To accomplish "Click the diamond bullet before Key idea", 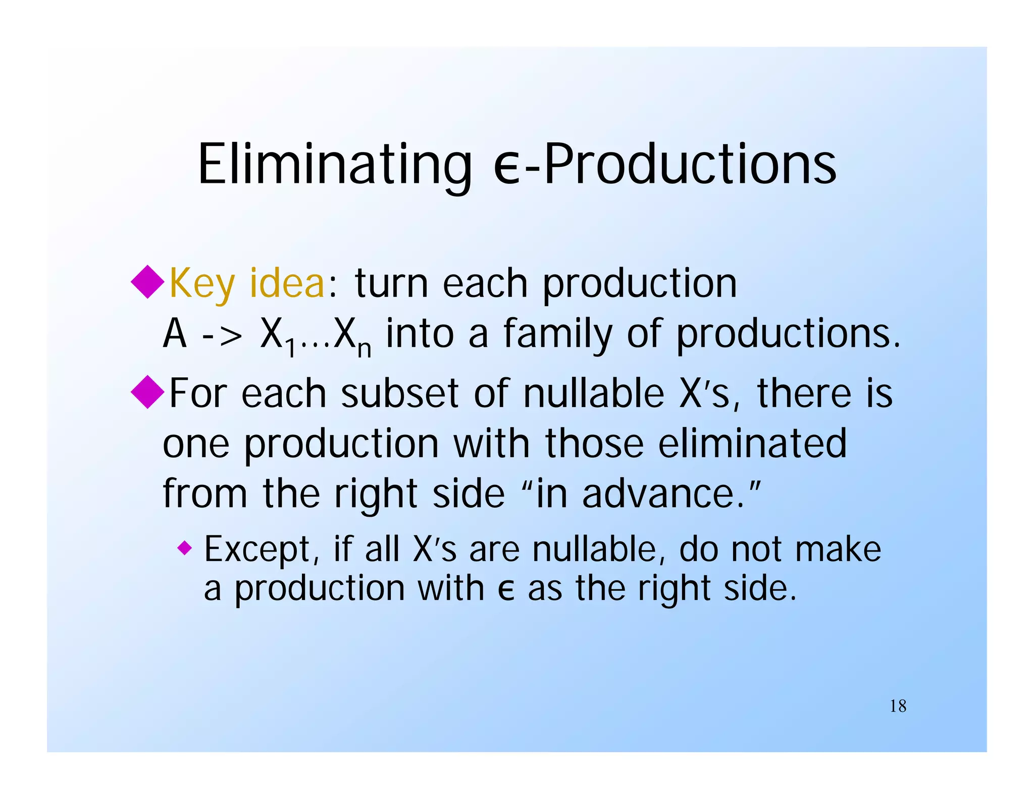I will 147,282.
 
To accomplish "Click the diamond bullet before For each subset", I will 147,392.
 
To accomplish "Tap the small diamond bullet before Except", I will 185,547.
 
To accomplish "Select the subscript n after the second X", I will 364,348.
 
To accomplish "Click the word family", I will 557,334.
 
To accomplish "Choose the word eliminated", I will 752,443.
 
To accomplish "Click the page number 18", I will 898,706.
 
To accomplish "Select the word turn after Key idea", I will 391,284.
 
